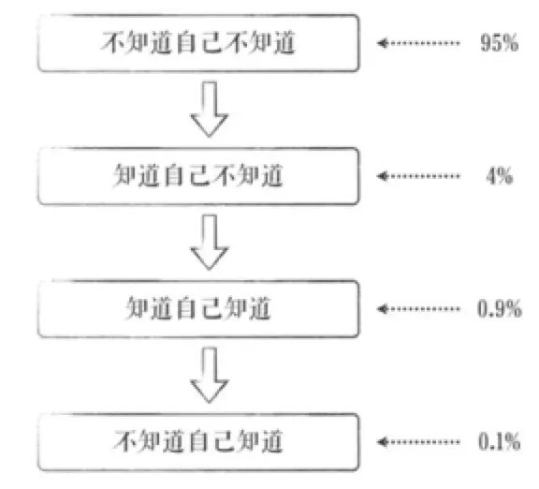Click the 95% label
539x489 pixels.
point(500,43)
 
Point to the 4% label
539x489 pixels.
point(500,176)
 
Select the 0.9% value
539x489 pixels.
point(500,309)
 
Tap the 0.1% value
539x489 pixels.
point(500,442)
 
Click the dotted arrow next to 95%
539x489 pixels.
point(418,43)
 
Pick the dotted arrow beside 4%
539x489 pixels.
point(418,176)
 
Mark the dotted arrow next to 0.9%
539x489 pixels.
point(418,309)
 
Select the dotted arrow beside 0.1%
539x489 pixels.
point(418,442)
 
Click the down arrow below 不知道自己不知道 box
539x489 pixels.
point(210,110)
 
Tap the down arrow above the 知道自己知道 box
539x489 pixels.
point(210,243)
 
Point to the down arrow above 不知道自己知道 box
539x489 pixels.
point(210,375)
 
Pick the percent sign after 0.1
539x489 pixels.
point(512,442)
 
